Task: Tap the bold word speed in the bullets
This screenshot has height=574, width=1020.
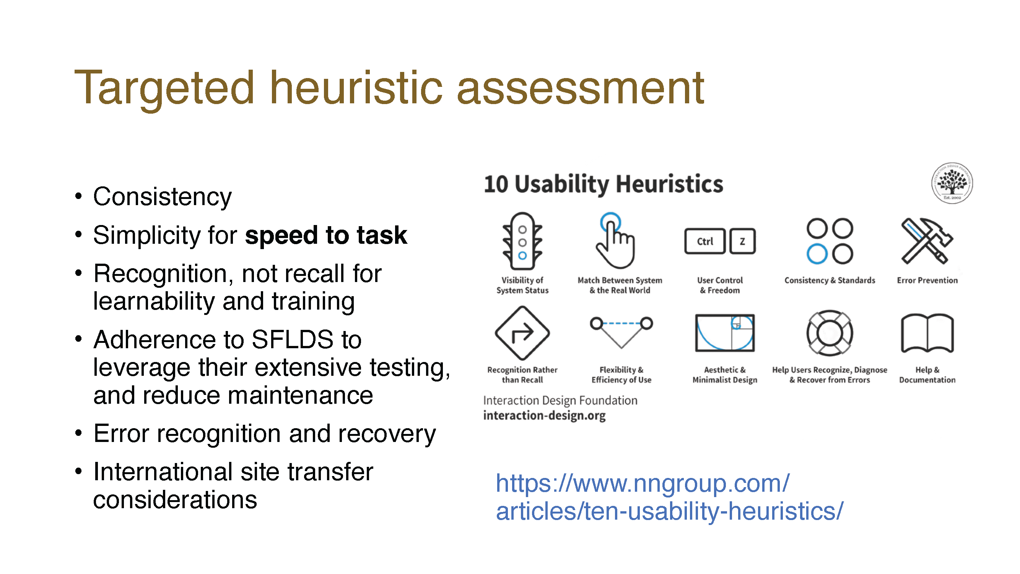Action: (282, 236)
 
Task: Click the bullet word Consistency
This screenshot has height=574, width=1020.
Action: (162, 197)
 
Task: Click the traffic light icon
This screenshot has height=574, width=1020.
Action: (522, 241)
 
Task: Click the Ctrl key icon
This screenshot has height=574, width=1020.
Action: (705, 241)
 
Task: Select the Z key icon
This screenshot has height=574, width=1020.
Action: (742, 241)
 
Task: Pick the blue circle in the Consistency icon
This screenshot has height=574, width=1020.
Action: (817, 254)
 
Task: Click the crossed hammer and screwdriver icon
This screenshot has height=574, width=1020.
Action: (927, 241)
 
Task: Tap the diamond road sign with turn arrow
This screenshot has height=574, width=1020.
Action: (522, 333)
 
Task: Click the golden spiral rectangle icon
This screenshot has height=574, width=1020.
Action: (725, 333)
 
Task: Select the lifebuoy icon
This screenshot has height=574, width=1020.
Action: (830, 333)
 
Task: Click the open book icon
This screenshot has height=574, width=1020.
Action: (927, 333)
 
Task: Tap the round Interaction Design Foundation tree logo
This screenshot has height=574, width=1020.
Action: (952, 183)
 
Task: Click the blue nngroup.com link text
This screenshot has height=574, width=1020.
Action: (669, 497)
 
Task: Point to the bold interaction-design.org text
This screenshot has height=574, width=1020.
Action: (545, 416)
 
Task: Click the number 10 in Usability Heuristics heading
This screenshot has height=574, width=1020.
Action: (496, 184)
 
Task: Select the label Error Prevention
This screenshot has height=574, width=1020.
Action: (927, 280)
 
